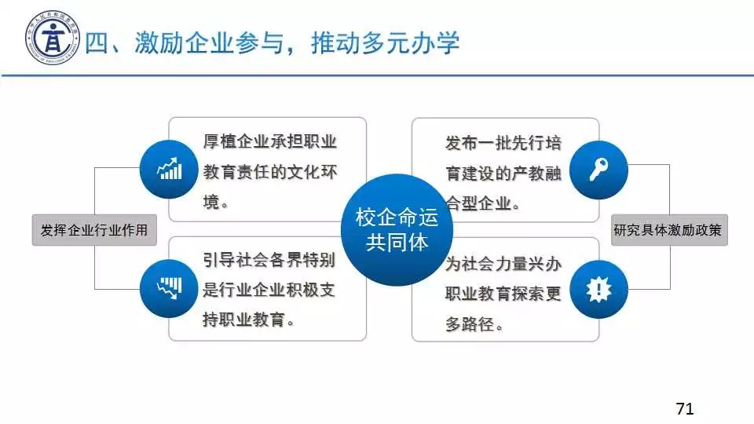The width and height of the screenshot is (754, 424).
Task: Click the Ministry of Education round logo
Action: [53, 38]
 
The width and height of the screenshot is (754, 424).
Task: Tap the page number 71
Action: [684, 408]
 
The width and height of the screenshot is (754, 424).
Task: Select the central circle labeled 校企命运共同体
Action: [397, 230]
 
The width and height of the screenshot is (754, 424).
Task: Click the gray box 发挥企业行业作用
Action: [94, 230]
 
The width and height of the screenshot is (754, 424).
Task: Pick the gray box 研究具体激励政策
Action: [669, 230]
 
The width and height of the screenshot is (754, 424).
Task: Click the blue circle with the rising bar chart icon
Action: [169, 170]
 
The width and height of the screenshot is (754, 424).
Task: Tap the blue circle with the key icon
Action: [598, 170]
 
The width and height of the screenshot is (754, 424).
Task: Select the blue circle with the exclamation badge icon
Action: [598, 290]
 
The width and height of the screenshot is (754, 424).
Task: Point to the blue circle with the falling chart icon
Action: [169, 288]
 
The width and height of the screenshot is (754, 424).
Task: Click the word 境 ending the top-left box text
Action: [211, 202]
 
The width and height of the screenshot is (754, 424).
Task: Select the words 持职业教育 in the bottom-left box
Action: [243, 320]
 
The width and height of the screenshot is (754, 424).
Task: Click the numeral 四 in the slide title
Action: [97, 42]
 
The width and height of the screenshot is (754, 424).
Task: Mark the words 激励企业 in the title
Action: [184, 42]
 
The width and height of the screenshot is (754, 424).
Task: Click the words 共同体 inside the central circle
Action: [397, 243]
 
